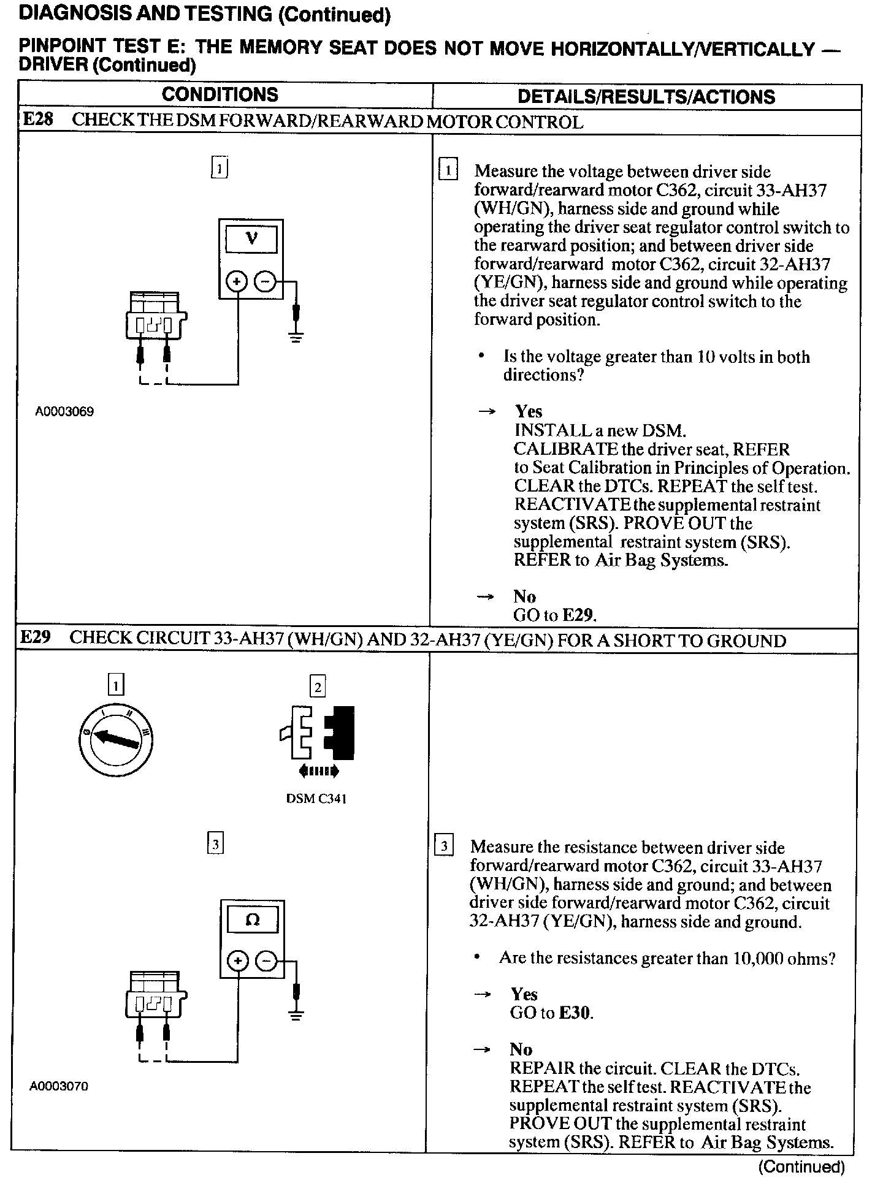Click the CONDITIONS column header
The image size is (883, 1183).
(220, 95)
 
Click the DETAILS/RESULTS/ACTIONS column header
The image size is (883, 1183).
(646, 97)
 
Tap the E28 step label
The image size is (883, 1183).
(38, 120)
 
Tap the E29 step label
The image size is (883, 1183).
(36, 637)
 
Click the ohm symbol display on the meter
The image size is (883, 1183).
(252, 920)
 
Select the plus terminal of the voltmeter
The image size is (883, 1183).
(237, 282)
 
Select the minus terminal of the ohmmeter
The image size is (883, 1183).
(266, 962)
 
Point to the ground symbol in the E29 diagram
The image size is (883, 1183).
(297, 1016)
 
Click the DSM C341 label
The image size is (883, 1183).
(316, 799)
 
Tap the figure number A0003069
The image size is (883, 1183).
(64, 412)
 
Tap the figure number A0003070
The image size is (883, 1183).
(59, 1086)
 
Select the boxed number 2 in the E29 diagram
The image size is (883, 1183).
(318, 687)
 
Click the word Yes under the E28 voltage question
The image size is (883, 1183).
(529, 411)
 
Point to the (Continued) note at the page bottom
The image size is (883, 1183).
(801, 1166)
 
